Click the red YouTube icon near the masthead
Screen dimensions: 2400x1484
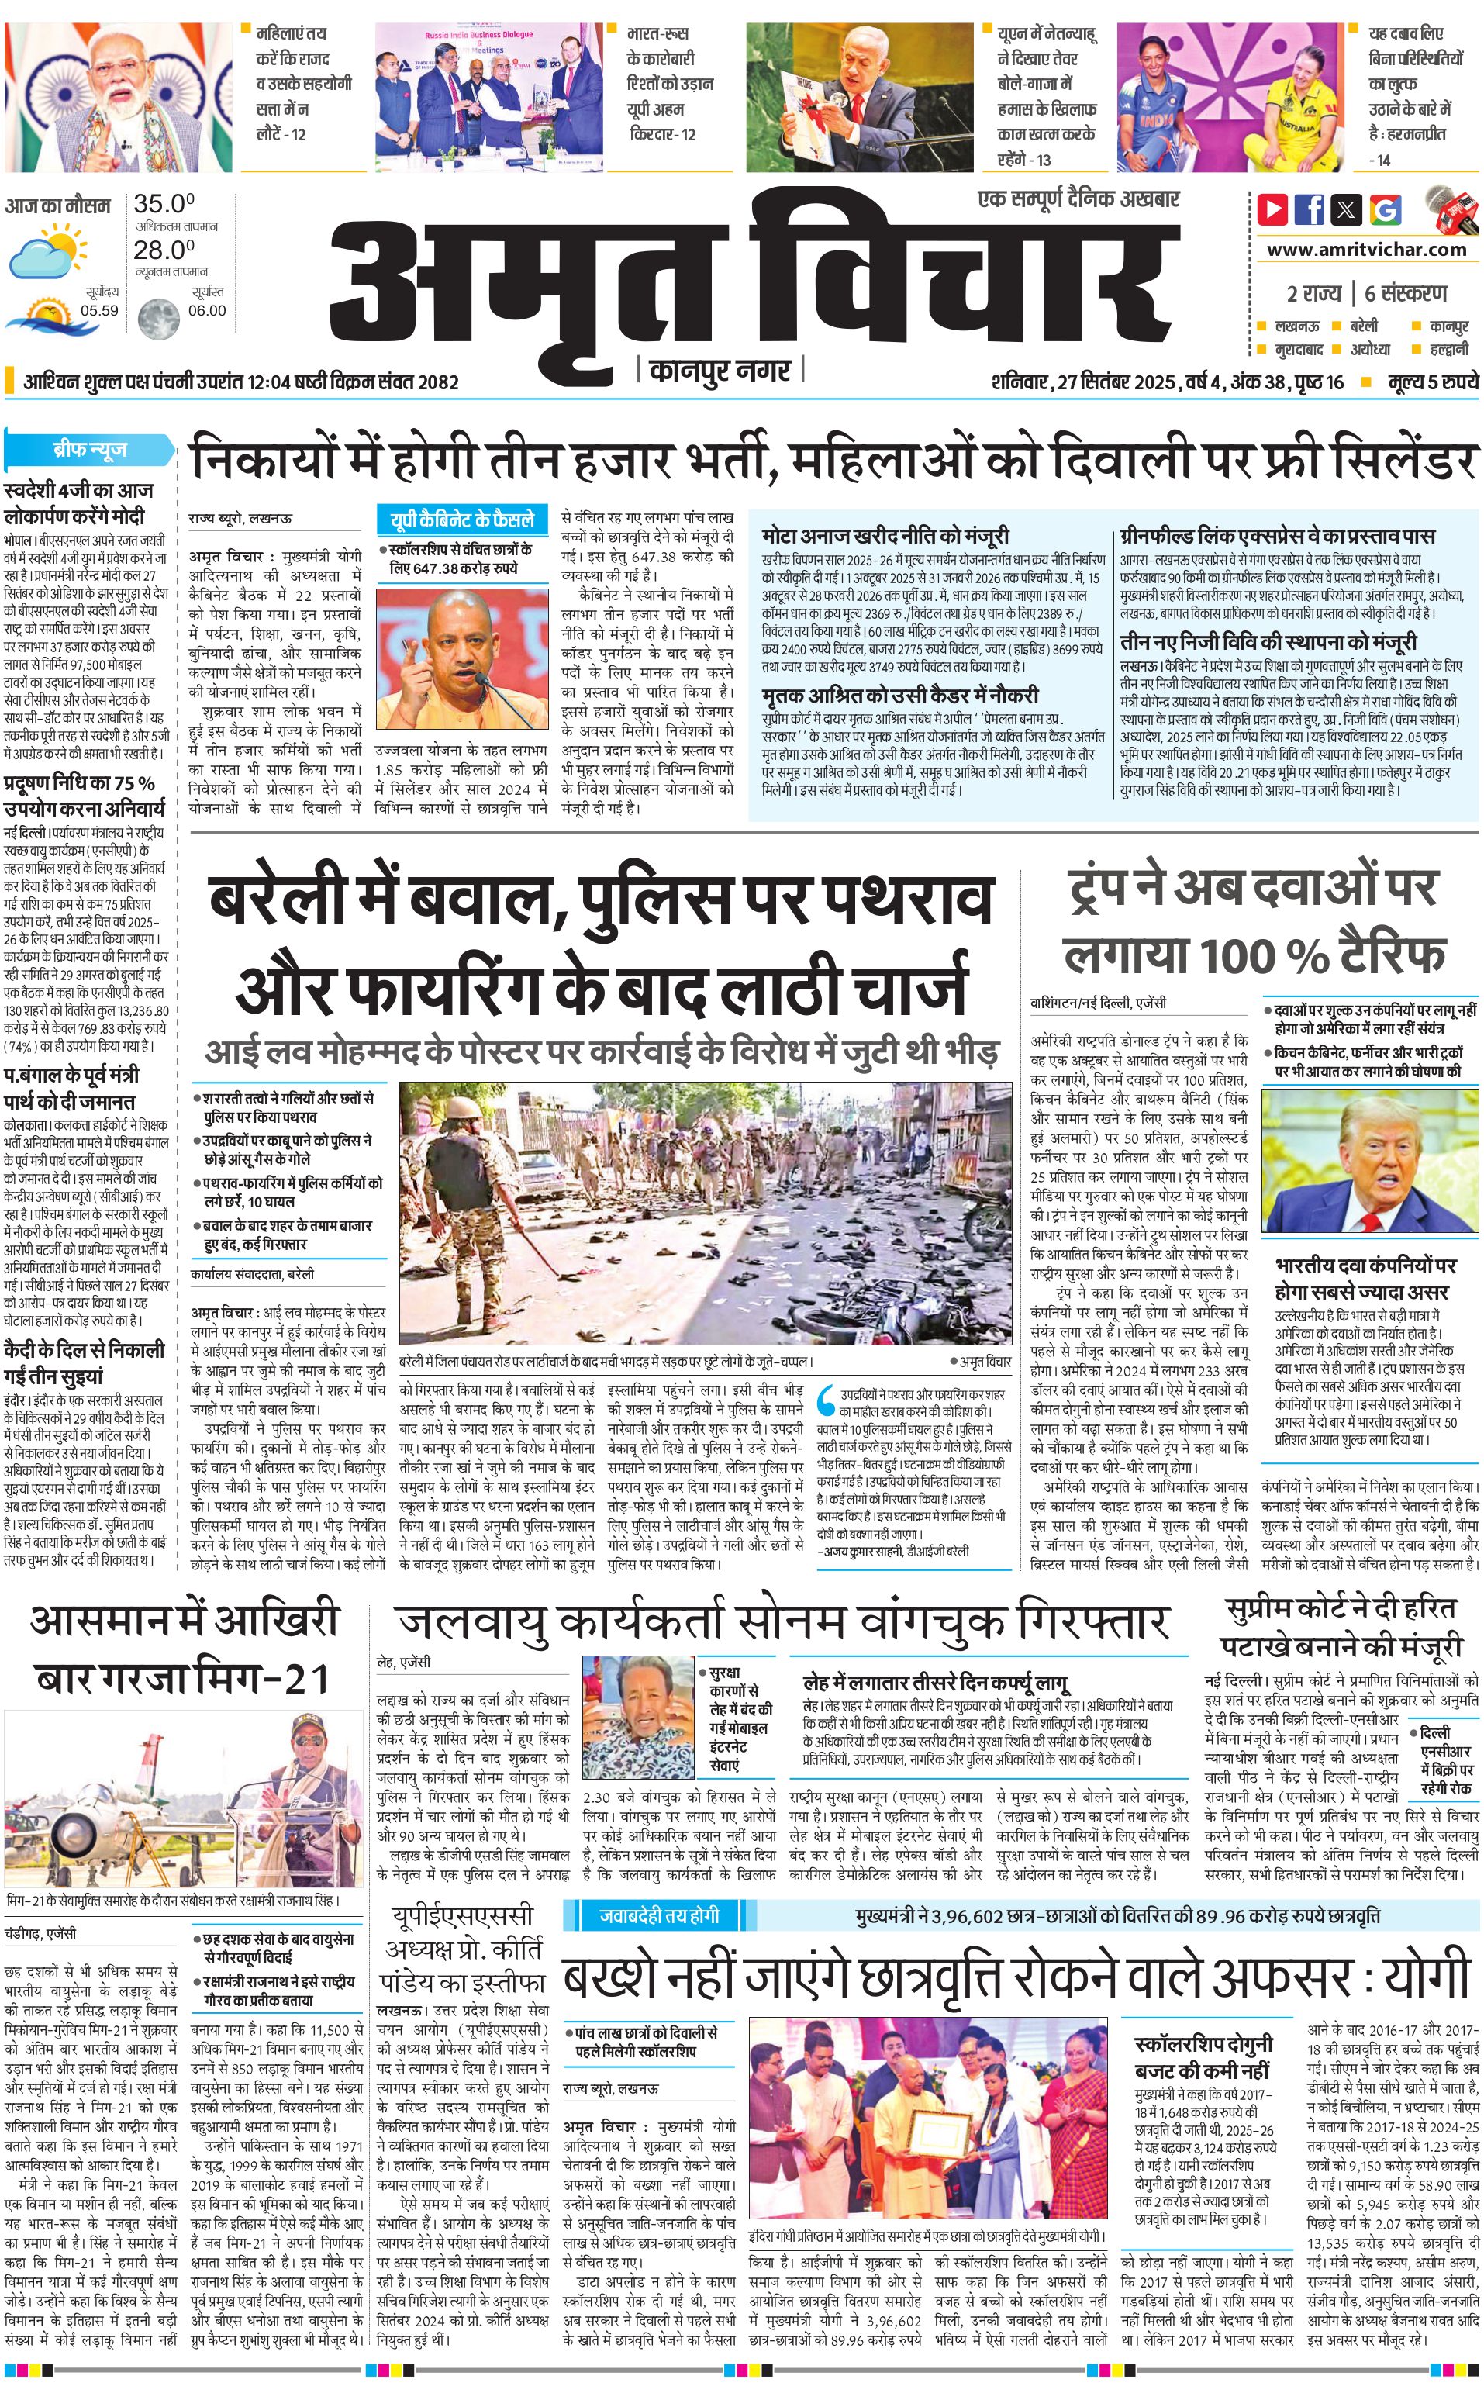(x=1272, y=209)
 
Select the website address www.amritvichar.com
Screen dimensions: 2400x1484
(x=1366, y=250)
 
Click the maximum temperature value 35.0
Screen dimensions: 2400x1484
(x=164, y=204)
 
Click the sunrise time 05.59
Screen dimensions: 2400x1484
(x=99, y=310)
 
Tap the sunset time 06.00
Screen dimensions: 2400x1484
(x=206, y=310)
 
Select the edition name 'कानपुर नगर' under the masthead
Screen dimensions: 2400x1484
(x=720, y=371)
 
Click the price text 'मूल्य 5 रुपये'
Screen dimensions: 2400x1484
(x=1432, y=382)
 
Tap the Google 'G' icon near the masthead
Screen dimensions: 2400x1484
(x=1385, y=209)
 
